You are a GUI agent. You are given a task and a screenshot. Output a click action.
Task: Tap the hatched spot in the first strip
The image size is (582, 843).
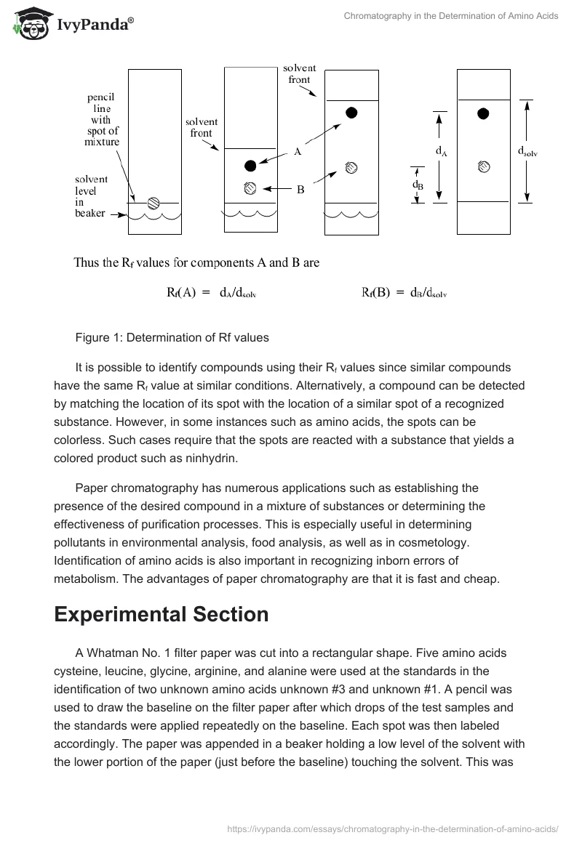pos(154,203)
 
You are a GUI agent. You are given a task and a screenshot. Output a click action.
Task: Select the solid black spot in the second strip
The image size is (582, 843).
pos(250,165)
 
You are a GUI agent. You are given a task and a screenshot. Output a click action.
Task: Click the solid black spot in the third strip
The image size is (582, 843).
pos(351,112)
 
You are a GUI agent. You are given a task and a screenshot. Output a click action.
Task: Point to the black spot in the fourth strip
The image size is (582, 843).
pos(483,113)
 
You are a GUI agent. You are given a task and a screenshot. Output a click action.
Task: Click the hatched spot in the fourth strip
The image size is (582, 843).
pos(483,166)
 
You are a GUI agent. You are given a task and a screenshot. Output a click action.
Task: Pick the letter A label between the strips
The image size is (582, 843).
pos(298,152)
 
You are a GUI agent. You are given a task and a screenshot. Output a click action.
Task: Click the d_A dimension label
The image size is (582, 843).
pos(441,151)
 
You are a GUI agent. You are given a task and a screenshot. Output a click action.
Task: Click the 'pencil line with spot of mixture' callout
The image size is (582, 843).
pos(101,119)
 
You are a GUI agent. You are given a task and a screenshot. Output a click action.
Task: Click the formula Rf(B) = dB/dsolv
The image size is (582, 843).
pos(404,293)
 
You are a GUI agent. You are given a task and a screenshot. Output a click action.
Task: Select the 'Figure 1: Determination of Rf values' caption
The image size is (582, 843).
pos(172,337)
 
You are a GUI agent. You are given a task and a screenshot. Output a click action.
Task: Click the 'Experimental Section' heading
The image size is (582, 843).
pos(161,614)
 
